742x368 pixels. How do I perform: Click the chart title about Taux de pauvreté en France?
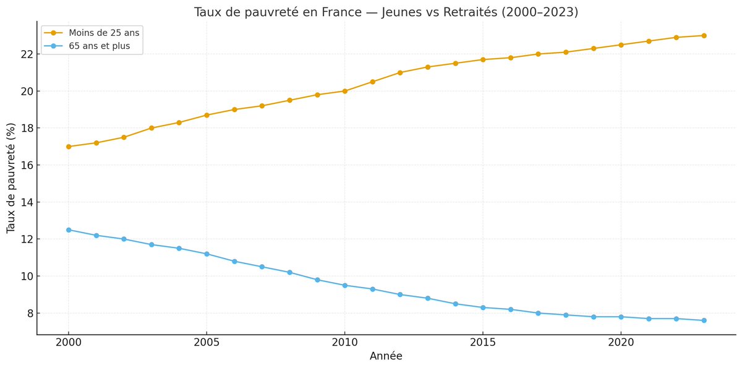point(386,12)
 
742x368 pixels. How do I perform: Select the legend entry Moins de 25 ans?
point(104,33)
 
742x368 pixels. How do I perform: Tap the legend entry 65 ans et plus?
point(99,46)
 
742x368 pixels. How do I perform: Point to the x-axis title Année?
point(386,356)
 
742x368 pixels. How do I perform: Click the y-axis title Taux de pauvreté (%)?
point(11,178)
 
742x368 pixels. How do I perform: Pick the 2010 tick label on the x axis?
point(344,342)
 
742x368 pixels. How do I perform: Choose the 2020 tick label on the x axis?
point(621,342)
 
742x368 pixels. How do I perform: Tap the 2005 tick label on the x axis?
point(207,342)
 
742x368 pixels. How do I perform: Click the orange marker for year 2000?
point(69,147)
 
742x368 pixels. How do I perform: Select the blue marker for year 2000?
point(69,230)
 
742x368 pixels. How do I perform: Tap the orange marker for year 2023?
point(704,36)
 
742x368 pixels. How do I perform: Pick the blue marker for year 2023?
point(704,320)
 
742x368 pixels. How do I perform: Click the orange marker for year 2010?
point(344,91)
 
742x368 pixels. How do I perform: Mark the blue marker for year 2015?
point(483,307)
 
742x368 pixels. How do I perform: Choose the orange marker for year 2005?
point(207,115)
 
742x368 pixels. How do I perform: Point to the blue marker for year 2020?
point(621,317)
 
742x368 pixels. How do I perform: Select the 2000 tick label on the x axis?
point(69,342)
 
